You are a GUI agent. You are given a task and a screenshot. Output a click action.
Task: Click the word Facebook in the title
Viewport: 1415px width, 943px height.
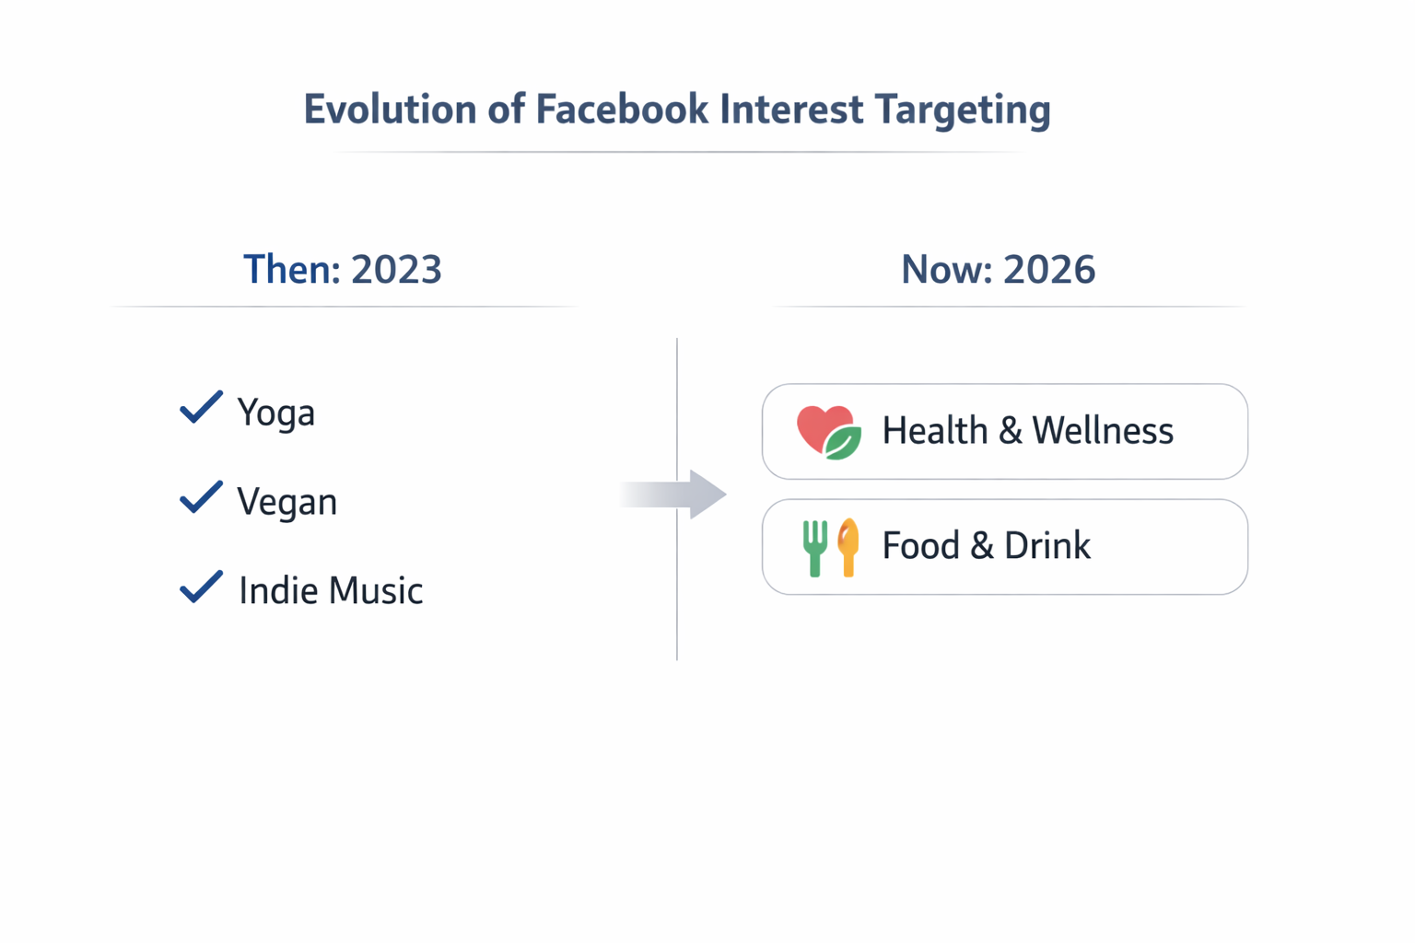point(622,109)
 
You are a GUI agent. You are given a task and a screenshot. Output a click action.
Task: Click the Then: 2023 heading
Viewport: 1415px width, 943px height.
point(343,269)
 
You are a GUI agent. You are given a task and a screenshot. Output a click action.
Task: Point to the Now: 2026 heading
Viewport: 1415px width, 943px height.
point(998,269)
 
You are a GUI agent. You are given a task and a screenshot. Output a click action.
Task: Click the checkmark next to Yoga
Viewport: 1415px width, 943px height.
point(201,407)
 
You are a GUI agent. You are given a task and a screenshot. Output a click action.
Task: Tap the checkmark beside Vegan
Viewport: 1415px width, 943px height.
point(201,497)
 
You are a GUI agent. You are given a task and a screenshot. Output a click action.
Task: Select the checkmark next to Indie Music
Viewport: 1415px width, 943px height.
point(201,587)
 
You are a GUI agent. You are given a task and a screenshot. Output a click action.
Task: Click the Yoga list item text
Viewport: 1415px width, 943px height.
point(275,413)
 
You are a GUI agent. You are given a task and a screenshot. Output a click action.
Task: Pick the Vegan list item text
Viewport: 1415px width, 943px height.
point(287,502)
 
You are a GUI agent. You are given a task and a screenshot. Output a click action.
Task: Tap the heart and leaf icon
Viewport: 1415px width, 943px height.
point(828,432)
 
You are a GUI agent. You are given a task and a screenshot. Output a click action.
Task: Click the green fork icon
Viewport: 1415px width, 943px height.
point(814,547)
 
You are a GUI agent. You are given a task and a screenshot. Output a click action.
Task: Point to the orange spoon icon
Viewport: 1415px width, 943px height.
point(848,547)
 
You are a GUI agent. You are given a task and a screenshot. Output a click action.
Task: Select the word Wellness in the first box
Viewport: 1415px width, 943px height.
point(1102,430)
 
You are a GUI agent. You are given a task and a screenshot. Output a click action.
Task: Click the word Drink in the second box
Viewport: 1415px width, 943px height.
point(1047,545)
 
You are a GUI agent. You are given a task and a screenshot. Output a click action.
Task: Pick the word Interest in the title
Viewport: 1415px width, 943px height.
point(791,109)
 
